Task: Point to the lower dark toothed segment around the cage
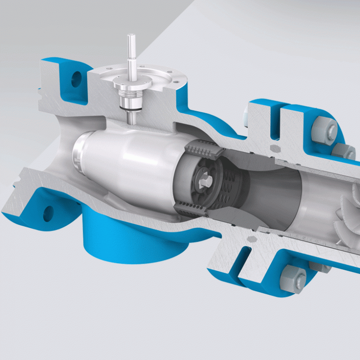(192, 209)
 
